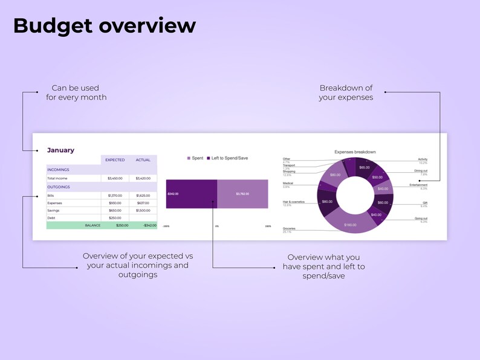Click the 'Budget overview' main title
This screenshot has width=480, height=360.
[104, 26]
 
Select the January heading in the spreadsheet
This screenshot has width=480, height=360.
[60, 150]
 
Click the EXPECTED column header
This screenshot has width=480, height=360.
[115, 160]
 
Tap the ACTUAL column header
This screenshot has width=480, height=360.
[143, 160]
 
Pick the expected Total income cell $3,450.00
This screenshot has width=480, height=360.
[115, 178]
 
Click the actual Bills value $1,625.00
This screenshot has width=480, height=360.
[143, 196]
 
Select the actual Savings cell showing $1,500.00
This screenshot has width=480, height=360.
[143, 210]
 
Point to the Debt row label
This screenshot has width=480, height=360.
[51, 217]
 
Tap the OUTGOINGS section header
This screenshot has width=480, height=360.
[59, 187]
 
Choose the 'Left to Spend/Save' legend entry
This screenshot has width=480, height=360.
[227, 158]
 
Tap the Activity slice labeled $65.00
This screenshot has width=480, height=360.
[364, 167]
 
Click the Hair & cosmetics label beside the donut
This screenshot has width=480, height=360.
[294, 201]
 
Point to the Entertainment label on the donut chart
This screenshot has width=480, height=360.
[418, 185]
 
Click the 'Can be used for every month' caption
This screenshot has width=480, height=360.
[76, 92]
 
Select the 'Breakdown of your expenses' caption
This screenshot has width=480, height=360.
[346, 92]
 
